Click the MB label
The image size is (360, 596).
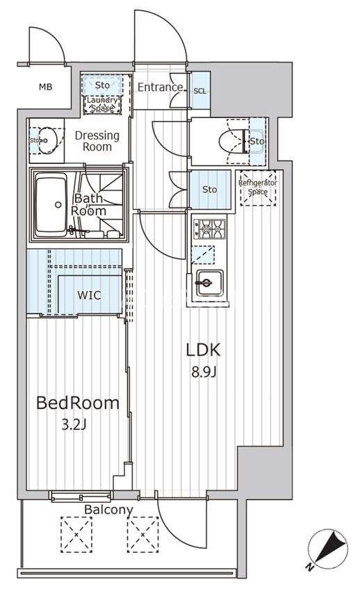pos(46,87)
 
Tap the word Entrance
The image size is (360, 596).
pos(160,87)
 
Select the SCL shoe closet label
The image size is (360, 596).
pos(200,91)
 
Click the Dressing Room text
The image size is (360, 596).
pos(97,141)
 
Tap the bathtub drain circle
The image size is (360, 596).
pos(58,205)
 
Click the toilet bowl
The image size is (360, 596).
pos(231,142)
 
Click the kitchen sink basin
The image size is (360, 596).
pos(209,283)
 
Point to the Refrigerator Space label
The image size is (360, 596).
pos(258,188)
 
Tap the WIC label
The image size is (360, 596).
pos(90,295)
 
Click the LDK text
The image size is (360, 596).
pos(204,350)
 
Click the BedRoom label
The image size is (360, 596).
pos(78,404)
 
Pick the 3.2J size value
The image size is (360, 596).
pos(74,424)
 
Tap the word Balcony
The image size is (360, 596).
pos(108,510)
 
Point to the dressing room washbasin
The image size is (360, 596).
pos(47,140)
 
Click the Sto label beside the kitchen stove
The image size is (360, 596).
pos(209,190)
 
